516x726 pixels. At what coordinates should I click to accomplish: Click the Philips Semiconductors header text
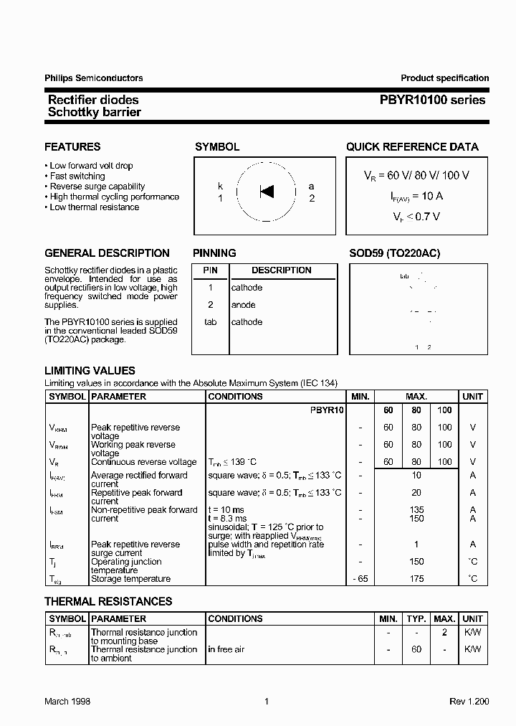click(93, 78)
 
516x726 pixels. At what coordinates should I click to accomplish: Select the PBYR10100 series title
click(432, 100)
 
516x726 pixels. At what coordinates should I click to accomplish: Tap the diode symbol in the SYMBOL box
click(267, 192)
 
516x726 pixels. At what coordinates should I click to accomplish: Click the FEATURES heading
click(72, 147)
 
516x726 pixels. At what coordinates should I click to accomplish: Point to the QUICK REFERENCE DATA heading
click(412, 147)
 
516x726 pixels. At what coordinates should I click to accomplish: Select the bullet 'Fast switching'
click(77, 176)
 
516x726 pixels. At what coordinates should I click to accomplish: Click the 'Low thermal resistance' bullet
click(94, 207)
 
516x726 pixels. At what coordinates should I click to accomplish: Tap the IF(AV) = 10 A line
click(416, 195)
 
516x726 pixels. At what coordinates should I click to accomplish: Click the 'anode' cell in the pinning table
click(243, 305)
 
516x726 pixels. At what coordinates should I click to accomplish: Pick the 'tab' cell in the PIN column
click(210, 322)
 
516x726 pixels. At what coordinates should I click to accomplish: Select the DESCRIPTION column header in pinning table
click(281, 270)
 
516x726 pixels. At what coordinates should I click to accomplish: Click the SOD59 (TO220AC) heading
click(394, 253)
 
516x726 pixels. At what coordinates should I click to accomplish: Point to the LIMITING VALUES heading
click(90, 371)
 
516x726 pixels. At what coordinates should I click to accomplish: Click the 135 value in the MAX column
click(416, 510)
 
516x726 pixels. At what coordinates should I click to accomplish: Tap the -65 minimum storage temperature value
click(360, 579)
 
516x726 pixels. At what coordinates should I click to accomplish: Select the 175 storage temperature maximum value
click(416, 579)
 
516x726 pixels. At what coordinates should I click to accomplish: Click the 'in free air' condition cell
click(226, 649)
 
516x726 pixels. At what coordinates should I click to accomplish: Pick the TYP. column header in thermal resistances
click(416, 618)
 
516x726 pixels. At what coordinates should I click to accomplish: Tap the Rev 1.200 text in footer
click(469, 702)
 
